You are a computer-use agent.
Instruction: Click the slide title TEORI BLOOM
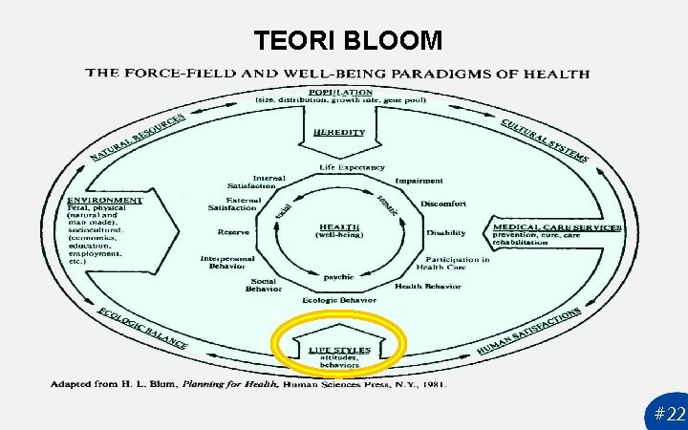pyautogui.click(x=348, y=40)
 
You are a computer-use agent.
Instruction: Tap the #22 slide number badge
pyautogui.click(x=670, y=415)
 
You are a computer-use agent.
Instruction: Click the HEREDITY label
pyautogui.click(x=339, y=132)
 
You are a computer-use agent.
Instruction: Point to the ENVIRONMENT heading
pyautogui.click(x=104, y=200)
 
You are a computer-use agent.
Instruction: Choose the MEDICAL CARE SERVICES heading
pyautogui.click(x=557, y=227)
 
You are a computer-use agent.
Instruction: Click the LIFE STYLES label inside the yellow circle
pyautogui.click(x=339, y=350)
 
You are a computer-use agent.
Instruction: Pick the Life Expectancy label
pyautogui.click(x=353, y=168)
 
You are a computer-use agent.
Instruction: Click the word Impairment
pyautogui.click(x=419, y=181)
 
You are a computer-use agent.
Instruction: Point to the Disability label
pyautogui.click(x=446, y=233)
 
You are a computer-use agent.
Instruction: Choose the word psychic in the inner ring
pyautogui.click(x=338, y=277)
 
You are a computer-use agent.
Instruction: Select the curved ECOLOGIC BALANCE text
pyautogui.click(x=142, y=328)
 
